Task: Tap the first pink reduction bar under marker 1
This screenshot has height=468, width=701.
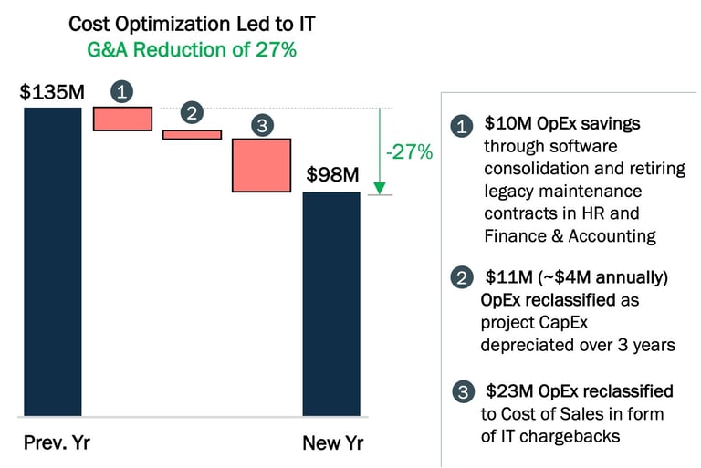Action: tap(122, 119)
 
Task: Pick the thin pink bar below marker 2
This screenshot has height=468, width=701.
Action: tap(192, 134)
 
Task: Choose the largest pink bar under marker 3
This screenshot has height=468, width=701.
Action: tap(261, 165)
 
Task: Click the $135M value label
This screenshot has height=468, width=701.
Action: tap(52, 93)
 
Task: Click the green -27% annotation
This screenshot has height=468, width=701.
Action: tap(409, 152)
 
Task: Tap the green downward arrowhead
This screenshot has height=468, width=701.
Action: tap(380, 189)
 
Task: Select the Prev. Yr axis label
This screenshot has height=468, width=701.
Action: tap(57, 444)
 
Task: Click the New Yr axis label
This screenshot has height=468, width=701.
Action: tap(333, 444)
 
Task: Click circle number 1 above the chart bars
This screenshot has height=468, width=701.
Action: tap(123, 91)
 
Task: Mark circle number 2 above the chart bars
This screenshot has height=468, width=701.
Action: tap(192, 113)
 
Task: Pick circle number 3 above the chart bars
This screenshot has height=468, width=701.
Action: tap(262, 126)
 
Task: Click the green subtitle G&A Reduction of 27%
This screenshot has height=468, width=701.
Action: tap(192, 50)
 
